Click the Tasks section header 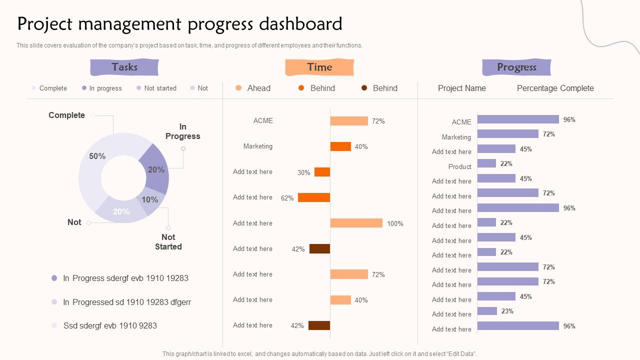pos(124,67)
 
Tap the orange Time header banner pos(319,67)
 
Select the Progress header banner pos(516,67)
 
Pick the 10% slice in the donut pos(149,200)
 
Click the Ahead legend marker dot pos(238,88)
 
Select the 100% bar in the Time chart pos(356,223)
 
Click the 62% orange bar pos(314,197)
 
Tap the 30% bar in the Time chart pos(322,172)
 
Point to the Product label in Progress pos(459,166)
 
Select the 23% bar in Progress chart pos(487,311)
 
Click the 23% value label pos(507,311)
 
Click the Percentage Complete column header pos(555,88)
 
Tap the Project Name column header pos(461,88)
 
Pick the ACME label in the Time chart pos(263,120)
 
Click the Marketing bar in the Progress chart pos(507,134)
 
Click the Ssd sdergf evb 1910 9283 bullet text pos(110,325)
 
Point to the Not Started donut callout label pos(168,241)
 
